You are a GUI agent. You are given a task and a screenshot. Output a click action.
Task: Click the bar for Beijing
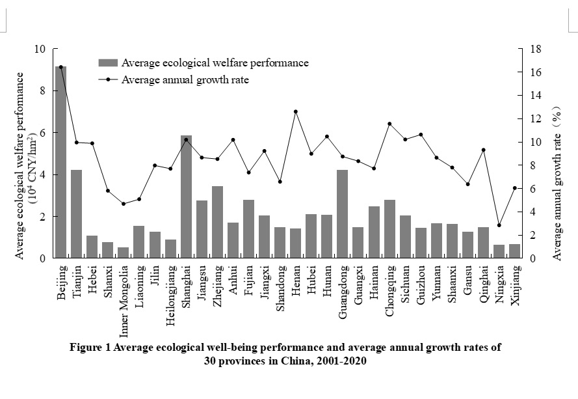tap(60, 163)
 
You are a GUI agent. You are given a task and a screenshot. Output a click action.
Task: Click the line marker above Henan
tap(296, 111)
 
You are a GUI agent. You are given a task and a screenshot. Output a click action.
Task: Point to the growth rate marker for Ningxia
tap(499, 225)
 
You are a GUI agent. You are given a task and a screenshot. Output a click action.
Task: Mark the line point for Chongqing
tap(389, 124)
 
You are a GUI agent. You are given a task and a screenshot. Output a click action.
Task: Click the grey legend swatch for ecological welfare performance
tap(108, 63)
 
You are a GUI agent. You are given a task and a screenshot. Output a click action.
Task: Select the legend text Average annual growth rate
tap(185, 80)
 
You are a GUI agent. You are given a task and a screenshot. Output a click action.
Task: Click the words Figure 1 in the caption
tap(90, 348)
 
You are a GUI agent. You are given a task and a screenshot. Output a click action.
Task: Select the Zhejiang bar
tap(217, 222)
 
